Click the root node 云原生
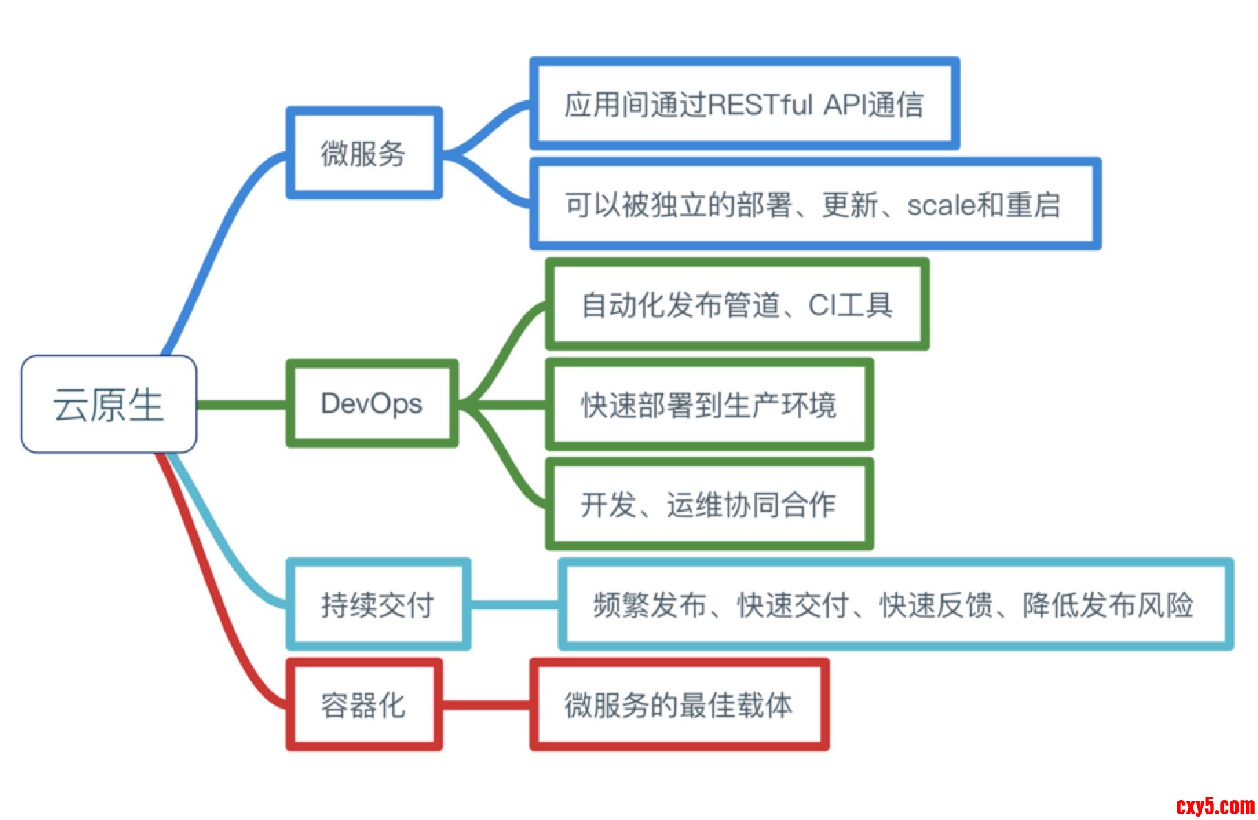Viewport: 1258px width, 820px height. coord(109,404)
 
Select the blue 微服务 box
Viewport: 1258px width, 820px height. coord(363,153)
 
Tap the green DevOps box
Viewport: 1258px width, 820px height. coord(372,404)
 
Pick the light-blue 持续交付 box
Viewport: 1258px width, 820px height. coord(378,605)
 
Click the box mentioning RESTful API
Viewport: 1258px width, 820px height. coord(744,104)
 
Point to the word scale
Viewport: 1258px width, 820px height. coord(941,205)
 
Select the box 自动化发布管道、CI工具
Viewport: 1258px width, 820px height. coord(736,305)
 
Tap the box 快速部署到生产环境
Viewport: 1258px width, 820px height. coord(709,404)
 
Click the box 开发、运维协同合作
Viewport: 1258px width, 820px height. coord(709,504)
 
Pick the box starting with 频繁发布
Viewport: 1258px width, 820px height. coord(895,605)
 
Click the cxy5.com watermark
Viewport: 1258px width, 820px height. coord(1215,806)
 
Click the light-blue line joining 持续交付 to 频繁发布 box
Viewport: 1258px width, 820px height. coord(515,605)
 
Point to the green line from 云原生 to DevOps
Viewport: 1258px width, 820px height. coord(241,404)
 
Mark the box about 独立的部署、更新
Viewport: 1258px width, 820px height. coord(815,204)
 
